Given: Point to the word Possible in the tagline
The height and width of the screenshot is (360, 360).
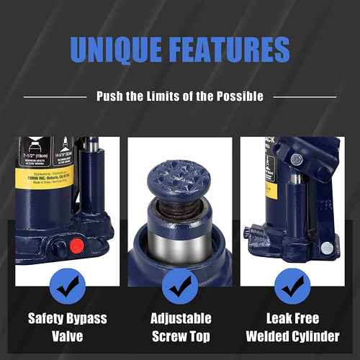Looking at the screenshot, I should click(238, 96).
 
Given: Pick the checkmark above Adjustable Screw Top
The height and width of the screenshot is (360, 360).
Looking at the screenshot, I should click(181, 287).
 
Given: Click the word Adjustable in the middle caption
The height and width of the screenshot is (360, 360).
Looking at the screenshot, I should click(181, 318).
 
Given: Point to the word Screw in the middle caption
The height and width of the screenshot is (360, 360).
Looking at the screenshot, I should click(166, 336).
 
